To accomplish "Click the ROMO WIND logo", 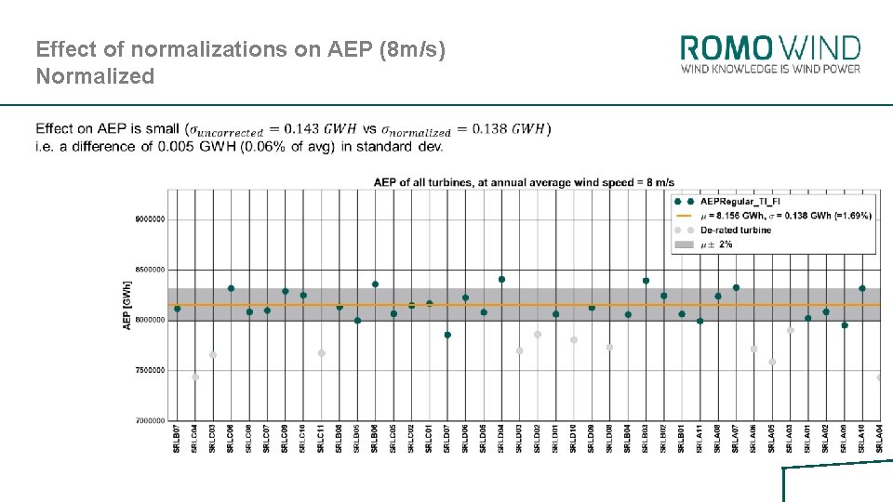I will coord(770,47).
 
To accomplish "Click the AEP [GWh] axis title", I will coord(127,305).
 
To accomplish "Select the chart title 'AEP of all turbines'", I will coord(524,182).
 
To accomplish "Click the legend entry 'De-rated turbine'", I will coord(735,230).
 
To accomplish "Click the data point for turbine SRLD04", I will coord(501,279).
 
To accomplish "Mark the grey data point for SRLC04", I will coord(195,377).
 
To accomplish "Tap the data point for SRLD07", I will coord(447,335).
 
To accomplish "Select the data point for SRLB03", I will coord(646,281).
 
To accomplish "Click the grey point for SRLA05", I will coord(772,362).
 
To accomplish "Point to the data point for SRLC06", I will coord(231,288).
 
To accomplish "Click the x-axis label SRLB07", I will coord(177,438).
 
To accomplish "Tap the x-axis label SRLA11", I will coord(700,438).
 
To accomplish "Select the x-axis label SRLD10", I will coord(574,438).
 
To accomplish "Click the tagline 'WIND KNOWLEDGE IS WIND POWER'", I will coord(770,69).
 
